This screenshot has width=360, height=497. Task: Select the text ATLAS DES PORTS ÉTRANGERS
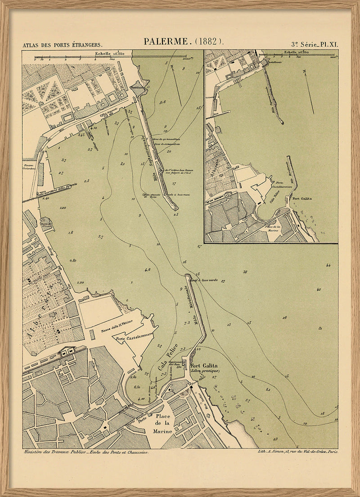click(63, 45)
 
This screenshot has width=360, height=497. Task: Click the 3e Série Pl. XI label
click(314, 45)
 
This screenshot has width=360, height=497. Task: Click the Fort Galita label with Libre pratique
click(205, 368)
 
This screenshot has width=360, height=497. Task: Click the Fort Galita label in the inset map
click(302, 198)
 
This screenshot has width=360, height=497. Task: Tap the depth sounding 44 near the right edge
click(328, 265)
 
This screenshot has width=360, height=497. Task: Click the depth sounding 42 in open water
click(318, 289)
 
